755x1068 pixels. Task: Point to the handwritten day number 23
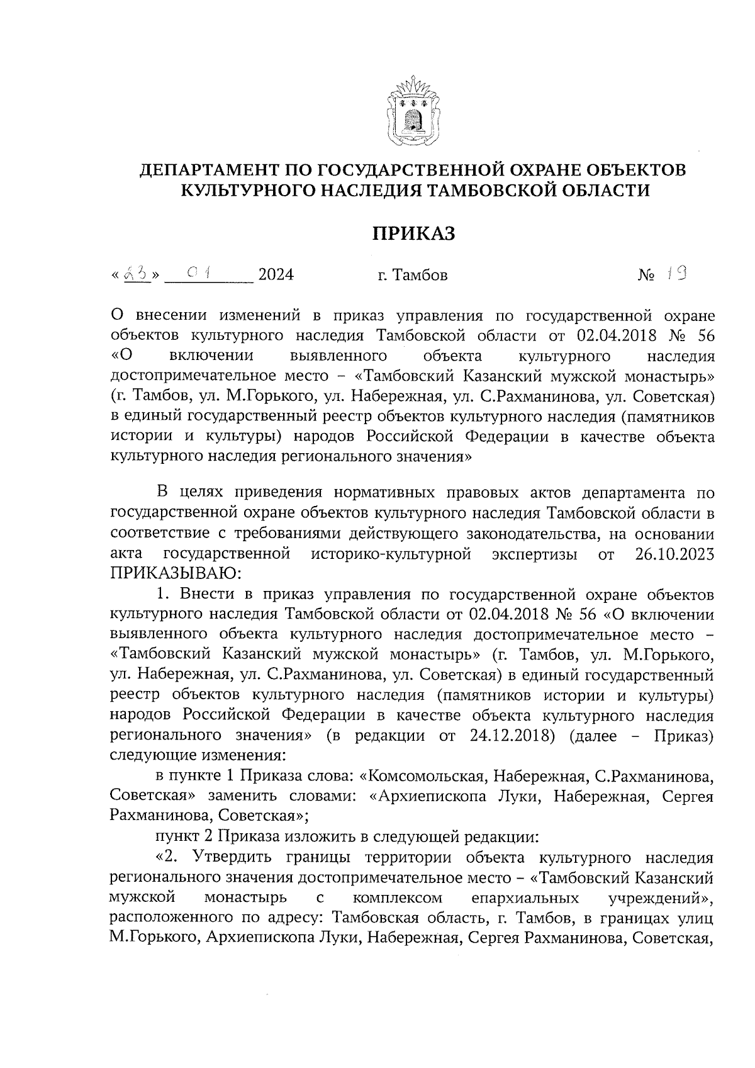(137, 274)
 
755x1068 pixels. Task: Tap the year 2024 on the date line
(276, 275)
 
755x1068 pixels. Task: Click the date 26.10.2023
(671, 554)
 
